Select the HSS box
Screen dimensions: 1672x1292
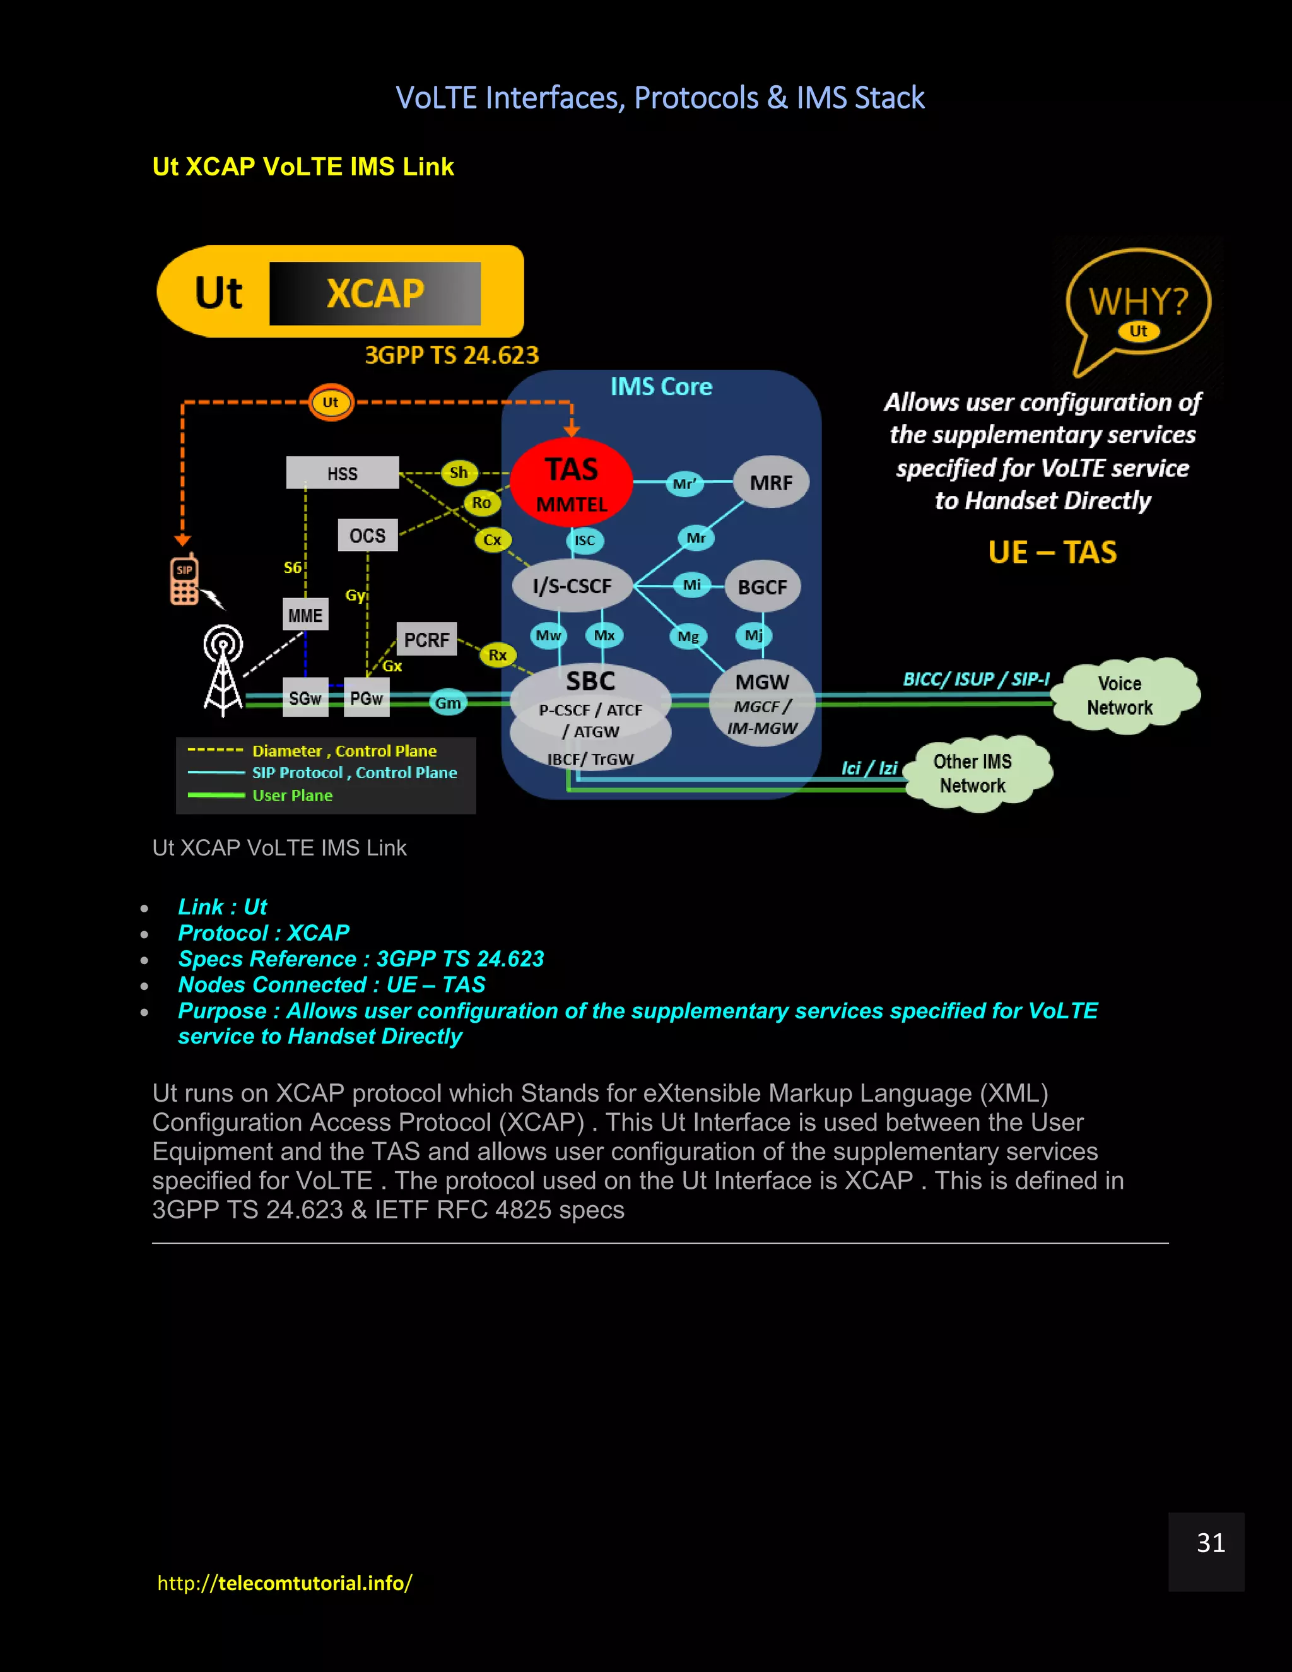point(342,473)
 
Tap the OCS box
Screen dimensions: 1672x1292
point(367,535)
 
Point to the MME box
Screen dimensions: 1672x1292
point(305,615)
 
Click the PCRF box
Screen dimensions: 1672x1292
point(426,639)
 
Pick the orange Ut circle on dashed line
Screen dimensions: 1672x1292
point(331,402)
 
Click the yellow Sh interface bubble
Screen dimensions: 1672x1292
point(459,473)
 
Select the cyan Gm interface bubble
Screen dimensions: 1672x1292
point(448,702)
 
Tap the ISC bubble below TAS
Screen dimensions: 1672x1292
point(585,541)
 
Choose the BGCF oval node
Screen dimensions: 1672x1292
point(761,587)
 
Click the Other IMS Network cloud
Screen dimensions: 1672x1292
point(973,774)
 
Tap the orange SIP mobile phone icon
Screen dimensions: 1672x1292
point(184,581)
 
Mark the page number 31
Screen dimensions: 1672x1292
point(1210,1543)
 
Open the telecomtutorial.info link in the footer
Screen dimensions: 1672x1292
point(285,1583)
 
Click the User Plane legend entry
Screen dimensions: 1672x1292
point(291,796)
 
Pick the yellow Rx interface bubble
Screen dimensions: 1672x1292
point(498,654)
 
